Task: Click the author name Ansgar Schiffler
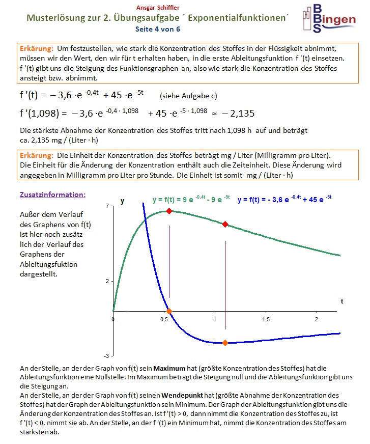point(157,8)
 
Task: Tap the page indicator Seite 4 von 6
point(157,29)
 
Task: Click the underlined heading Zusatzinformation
point(52,195)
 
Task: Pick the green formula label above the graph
point(191,200)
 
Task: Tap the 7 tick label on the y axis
point(106,205)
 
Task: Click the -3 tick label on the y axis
point(105,355)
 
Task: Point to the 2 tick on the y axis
point(106,281)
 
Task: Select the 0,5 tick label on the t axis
point(164,319)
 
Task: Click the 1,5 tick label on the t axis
point(266,319)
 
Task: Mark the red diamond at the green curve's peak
point(169,210)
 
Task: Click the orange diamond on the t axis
point(169,311)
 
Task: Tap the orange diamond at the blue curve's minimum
point(225,343)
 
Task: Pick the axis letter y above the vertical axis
point(122,201)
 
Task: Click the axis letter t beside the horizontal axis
point(342,301)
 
